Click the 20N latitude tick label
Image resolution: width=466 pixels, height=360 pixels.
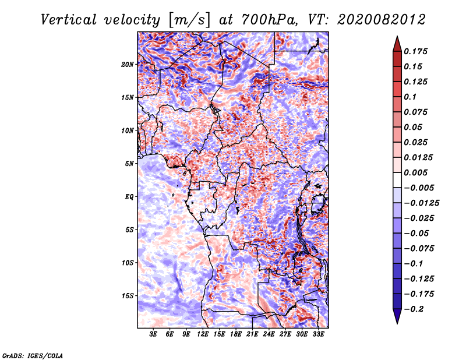pyautogui.click(x=128, y=65)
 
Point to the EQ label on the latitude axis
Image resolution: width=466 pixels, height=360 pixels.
pyautogui.click(x=129, y=197)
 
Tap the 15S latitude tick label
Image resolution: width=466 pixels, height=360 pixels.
pyautogui.click(x=128, y=296)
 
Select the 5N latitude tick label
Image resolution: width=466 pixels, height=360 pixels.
pyautogui.click(x=129, y=164)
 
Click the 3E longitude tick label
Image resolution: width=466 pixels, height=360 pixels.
pyautogui.click(x=153, y=334)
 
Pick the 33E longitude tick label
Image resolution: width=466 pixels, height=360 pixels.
pyautogui.click(x=318, y=334)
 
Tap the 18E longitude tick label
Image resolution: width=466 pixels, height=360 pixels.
pyautogui.click(x=236, y=334)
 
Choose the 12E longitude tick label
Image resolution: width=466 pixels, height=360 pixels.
pyautogui.click(x=203, y=334)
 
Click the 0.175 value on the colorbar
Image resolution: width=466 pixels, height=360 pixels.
pyautogui.click(x=415, y=51)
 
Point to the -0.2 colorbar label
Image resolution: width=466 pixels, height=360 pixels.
pyautogui.click(x=414, y=309)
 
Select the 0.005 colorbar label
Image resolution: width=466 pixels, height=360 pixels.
pyautogui.click(x=415, y=172)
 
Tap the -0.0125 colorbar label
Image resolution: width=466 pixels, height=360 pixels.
pyautogui.click(x=421, y=203)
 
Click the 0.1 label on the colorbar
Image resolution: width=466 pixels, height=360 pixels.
pyautogui.click(x=410, y=97)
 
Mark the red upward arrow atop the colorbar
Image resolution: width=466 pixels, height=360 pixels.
pyautogui.click(x=397, y=44)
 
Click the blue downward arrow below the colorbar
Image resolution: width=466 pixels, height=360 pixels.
pyautogui.click(x=397, y=316)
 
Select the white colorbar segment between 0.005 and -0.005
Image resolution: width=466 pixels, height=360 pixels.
pyautogui.click(x=397, y=180)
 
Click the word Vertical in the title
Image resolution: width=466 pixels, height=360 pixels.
pyautogui.click(x=68, y=20)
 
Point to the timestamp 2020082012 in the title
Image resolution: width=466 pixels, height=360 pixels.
pyautogui.click(x=382, y=20)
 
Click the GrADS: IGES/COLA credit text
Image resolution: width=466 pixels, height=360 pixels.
pyautogui.click(x=33, y=355)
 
